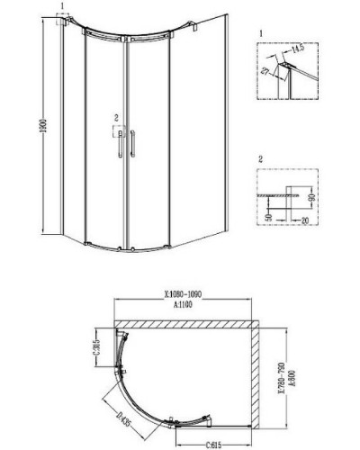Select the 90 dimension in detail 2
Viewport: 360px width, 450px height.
[x=310, y=197]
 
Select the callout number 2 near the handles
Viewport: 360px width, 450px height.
[x=115, y=118]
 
